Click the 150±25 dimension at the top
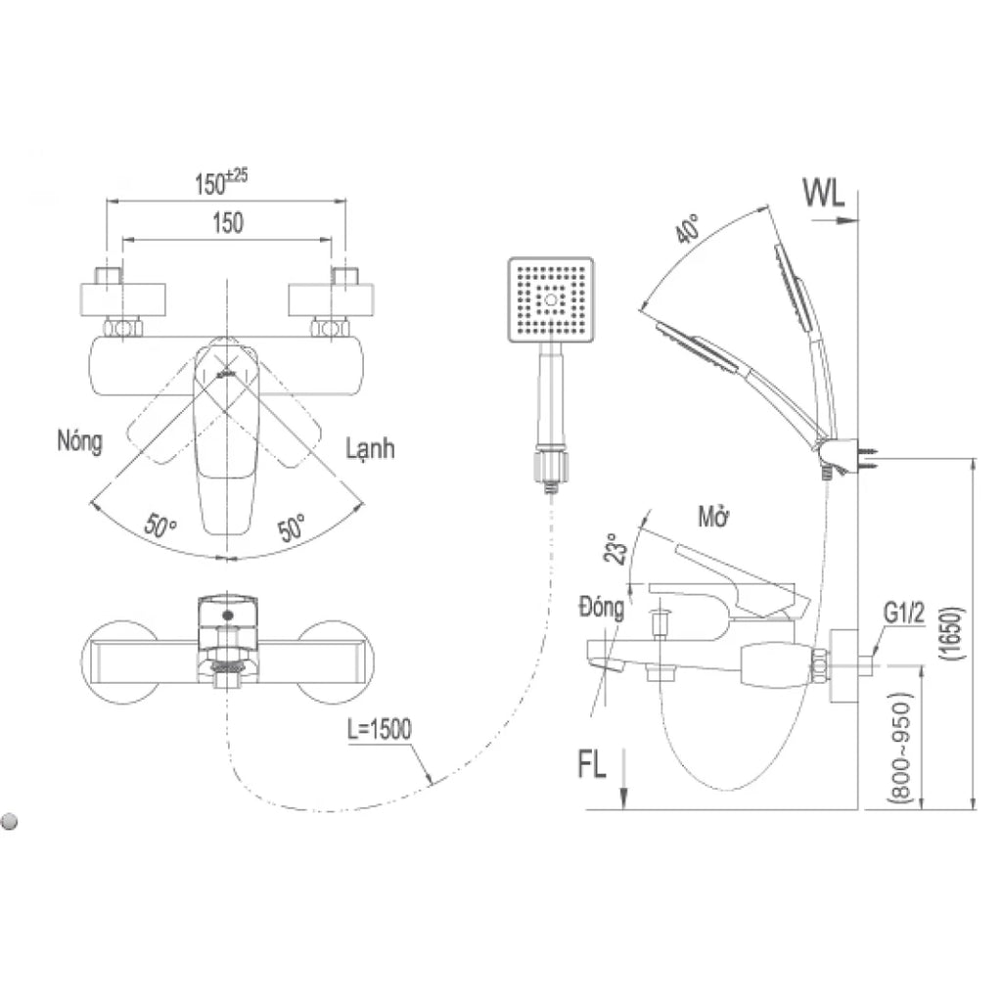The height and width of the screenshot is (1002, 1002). click(221, 182)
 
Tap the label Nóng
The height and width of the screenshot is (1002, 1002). click(80, 441)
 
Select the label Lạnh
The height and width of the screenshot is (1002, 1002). click(370, 449)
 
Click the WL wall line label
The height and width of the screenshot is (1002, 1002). click(824, 193)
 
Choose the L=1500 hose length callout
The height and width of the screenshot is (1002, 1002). click(380, 729)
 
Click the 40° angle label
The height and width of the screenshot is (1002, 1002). click(688, 229)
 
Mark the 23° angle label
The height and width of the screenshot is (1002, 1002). click(613, 548)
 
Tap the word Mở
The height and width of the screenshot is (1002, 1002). click(713, 517)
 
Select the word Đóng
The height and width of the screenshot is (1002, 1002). click(602, 608)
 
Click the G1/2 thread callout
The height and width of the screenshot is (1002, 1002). click(904, 614)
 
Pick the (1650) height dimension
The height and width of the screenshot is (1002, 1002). click(951, 633)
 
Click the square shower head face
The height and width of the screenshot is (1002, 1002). click(551, 299)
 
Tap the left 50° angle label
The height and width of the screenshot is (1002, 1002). click(159, 524)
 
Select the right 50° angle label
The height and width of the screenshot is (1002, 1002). click(292, 527)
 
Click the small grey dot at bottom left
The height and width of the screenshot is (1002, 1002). click(10, 821)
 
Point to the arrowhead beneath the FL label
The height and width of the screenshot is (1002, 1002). click(623, 797)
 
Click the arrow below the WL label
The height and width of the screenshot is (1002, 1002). click(835, 220)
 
